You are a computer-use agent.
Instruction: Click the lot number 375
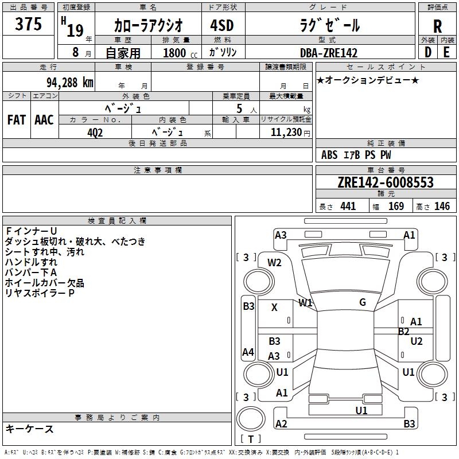point(28,24)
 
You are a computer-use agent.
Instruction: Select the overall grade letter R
point(437,26)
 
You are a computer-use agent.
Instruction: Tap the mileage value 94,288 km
point(70,83)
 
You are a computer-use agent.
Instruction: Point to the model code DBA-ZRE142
point(329,53)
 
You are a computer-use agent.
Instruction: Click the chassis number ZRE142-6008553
point(386,182)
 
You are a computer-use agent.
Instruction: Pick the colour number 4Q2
point(95,133)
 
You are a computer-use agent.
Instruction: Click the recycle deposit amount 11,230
point(286,133)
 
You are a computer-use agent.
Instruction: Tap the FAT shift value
point(17,120)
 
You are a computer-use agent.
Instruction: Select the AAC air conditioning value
point(44,120)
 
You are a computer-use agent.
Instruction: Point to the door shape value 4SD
point(222,25)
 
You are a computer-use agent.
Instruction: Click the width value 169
point(396,206)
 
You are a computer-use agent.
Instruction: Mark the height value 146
point(442,206)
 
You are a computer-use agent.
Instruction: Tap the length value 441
point(348,206)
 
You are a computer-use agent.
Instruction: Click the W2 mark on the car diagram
point(274,263)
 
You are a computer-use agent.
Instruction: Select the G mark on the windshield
point(363,302)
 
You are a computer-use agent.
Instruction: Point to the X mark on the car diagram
point(274,308)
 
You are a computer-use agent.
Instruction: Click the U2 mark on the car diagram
point(417,341)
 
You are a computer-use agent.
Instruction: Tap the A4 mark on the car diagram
point(248,352)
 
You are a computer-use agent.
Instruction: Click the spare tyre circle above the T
point(251,419)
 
